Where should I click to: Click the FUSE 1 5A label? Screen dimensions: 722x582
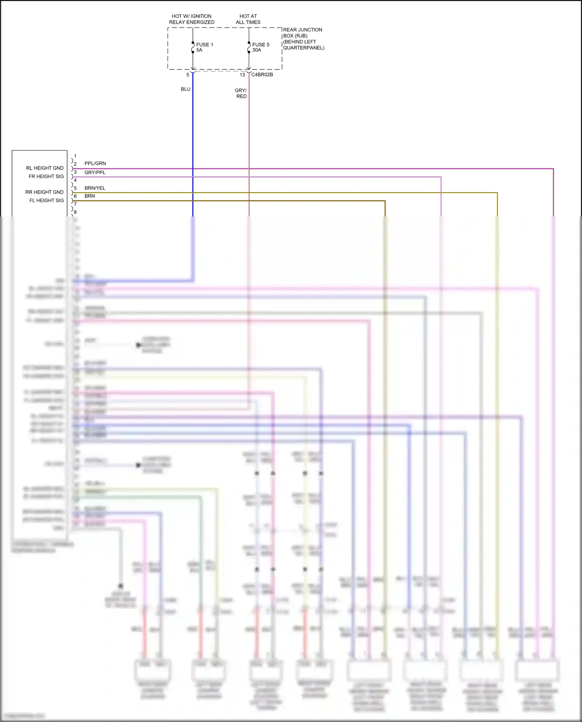(x=204, y=47)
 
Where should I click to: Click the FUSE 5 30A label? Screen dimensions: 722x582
(x=260, y=47)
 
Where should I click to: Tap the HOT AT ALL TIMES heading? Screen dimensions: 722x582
(x=248, y=19)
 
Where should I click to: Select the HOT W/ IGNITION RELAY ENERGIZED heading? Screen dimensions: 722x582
(x=192, y=19)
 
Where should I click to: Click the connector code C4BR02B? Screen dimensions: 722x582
(x=262, y=74)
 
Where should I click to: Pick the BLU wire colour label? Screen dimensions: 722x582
(x=185, y=89)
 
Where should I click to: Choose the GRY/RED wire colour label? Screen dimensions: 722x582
(x=241, y=93)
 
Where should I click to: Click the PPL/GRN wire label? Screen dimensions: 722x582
(x=95, y=163)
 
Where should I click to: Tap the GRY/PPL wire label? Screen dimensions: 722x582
(x=95, y=172)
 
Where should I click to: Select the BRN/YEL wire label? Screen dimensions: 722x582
(x=95, y=188)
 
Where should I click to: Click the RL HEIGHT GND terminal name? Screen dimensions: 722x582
(x=45, y=168)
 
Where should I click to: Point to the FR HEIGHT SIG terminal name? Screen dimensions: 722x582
(x=46, y=176)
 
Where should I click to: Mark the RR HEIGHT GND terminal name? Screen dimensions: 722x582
(x=44, y=192)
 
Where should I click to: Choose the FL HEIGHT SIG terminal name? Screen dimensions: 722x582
(x=47, y=200)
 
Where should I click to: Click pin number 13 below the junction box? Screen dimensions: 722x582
(x=242, y=75)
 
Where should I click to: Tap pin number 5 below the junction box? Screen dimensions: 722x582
(x=188, y=75)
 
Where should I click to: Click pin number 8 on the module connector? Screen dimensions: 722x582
(x=75, y=212)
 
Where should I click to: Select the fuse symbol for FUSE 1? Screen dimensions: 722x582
(x=193, y=47)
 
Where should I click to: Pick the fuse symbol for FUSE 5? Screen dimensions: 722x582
(x=249, y=47)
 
